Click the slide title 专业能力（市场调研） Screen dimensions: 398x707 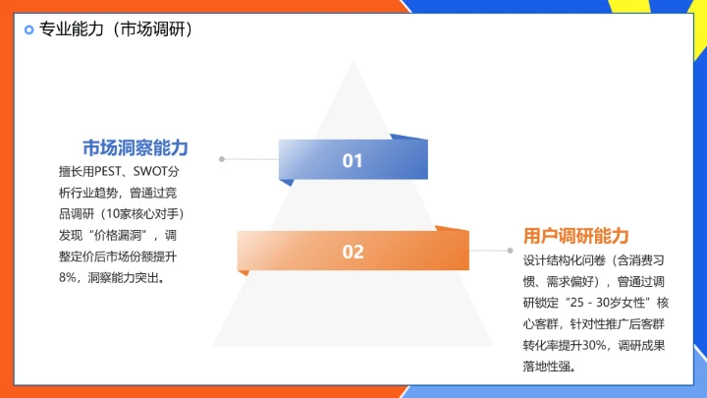(115, 29)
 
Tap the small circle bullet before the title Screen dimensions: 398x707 (28, 29)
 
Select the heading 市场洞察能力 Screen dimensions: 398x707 (135, 147)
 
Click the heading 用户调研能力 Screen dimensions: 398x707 (575, 236)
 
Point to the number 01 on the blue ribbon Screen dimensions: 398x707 (353, 161)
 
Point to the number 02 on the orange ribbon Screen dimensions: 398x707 (353, 253)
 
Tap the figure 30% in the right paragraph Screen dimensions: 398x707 (595, 346)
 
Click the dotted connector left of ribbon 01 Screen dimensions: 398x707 (249, 158)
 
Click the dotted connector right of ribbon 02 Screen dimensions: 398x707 (492, 251)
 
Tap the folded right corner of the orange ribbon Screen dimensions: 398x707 (454, 231)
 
